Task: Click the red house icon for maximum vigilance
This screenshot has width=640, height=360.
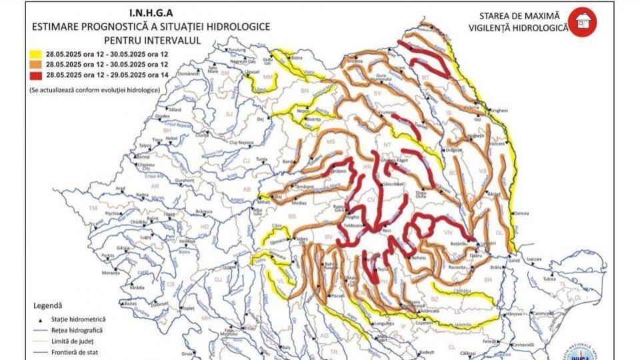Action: (583, 22)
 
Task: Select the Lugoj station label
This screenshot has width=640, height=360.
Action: (147, 236)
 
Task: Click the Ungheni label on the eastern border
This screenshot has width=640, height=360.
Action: (499, 110)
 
